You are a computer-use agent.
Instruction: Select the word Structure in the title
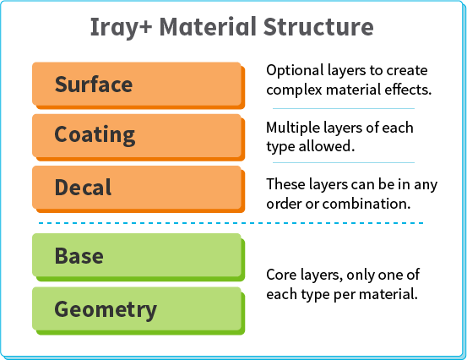(321, 27)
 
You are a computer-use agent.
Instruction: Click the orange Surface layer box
(138, 85)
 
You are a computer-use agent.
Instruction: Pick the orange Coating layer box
(138, 135)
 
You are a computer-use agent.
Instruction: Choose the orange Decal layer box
(138, 187)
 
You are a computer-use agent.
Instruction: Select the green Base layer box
(138, 255)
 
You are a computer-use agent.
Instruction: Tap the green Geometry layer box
(138, 309)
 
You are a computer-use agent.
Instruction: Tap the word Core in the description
(281, 275)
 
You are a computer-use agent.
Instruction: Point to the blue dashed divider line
(228, 223)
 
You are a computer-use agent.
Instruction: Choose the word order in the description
(284, 204)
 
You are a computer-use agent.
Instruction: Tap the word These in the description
(285, 184)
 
